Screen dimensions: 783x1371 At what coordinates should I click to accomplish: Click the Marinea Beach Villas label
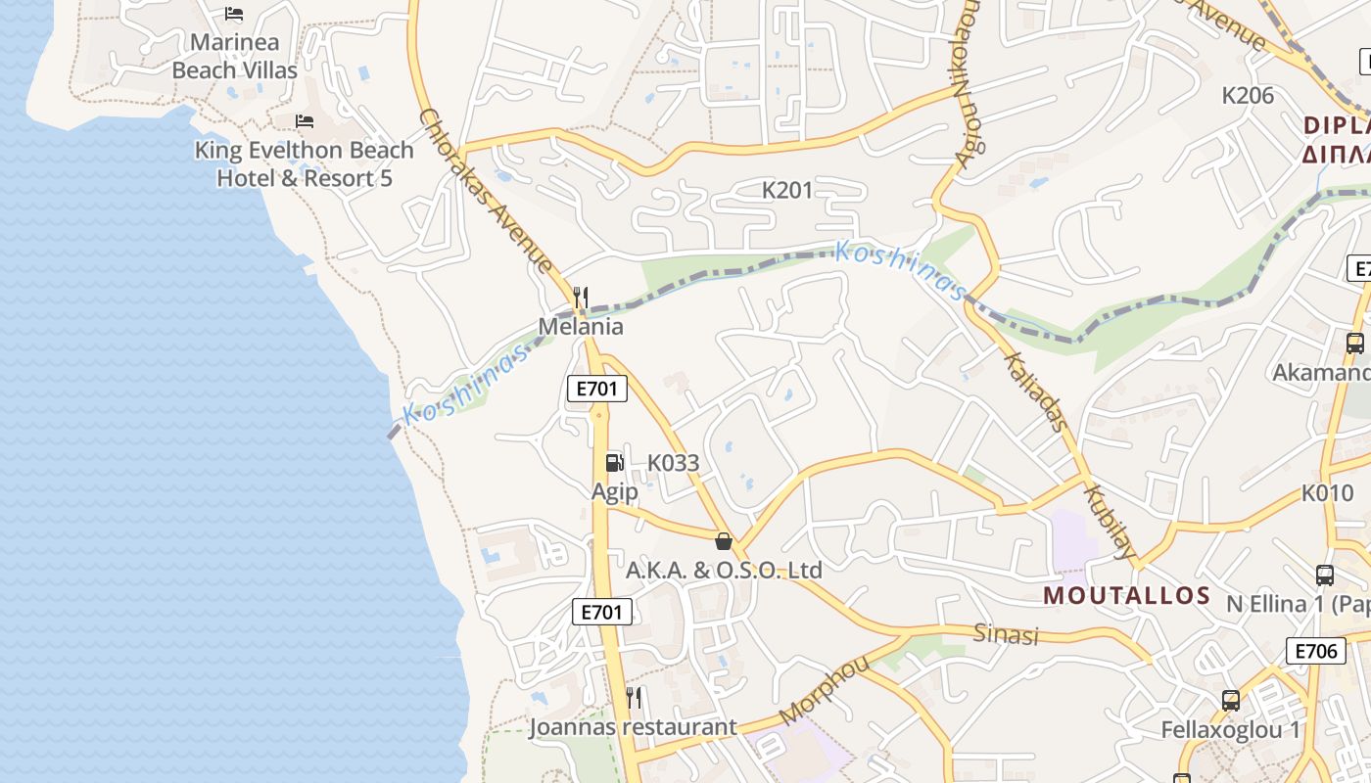click(235, 56)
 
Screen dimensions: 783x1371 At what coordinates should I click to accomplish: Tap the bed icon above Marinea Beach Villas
click(234, 14)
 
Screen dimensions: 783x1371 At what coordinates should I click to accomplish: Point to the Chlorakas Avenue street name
click(486, 191)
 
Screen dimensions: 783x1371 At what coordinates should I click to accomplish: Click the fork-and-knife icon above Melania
click(581, 297)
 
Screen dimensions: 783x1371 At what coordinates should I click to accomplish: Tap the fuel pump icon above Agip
click(614, 462)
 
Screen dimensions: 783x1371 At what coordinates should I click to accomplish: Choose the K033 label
click(674, 463)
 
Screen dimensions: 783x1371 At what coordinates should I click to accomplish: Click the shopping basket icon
click(724, 540)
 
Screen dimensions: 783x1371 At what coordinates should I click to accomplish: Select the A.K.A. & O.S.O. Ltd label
click(725, 570)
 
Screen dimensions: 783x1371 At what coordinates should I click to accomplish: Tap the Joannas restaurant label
click(633, 727)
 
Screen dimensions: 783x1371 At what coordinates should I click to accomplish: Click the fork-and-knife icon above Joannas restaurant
click(634, 698)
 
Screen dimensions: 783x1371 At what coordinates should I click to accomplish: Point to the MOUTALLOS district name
click(1127, 595)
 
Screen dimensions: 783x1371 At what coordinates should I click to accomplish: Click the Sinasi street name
click(1006, 634)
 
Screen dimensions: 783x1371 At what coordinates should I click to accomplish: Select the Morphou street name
click(825, 691)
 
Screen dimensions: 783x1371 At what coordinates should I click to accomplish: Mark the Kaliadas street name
click(1035, 391)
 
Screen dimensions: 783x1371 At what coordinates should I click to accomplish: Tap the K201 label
click(787, 190)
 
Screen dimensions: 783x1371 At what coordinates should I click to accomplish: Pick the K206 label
click(1248, 96)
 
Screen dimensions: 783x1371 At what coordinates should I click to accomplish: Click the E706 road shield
click(1316, 651)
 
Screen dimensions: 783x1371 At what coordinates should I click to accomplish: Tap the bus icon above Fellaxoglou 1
click(1231, 701)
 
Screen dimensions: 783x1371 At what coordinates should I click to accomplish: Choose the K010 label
click(1328, 493)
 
